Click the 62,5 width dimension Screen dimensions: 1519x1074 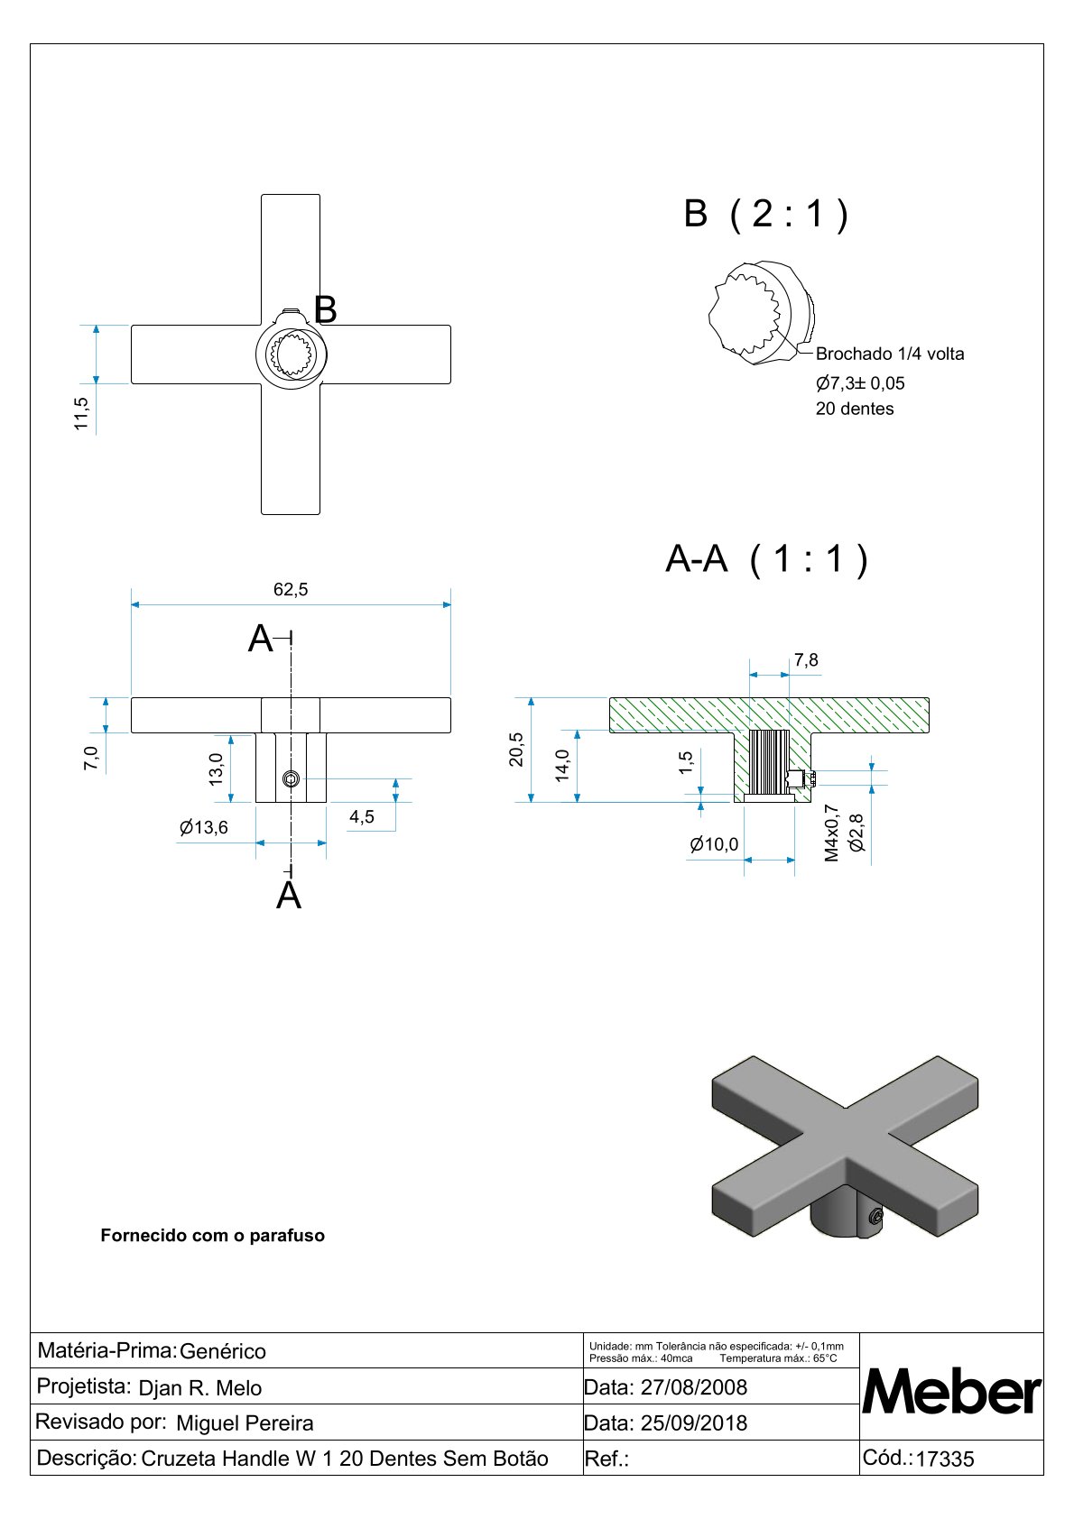(291, 590)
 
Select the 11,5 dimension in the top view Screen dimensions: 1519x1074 (82, 413)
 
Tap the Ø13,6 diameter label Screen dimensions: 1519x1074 (204, 827)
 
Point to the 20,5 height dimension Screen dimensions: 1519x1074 (516, 750)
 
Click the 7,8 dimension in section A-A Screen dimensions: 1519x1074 (806, 660)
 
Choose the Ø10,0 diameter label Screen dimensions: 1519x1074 (714, 844)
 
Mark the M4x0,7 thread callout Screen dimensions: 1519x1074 (832, 833)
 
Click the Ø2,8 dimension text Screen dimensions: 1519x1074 (857, 833)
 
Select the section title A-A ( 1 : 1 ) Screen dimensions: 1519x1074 (766, 559)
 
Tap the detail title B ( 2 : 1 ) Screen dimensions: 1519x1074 (766, 214)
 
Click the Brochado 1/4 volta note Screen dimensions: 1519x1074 (890, 354)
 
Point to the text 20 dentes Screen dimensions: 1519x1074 (855, 409)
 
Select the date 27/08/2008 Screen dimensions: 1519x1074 (693, 1387)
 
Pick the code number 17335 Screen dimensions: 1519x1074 (945, 1459)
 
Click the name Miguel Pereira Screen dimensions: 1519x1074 (245, 1423)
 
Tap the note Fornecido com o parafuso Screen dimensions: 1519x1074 (213, 1236)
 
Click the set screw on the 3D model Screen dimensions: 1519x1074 (876, 1219)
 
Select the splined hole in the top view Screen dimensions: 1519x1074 (292, 354)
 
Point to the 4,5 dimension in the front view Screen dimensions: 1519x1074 (362, 817)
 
